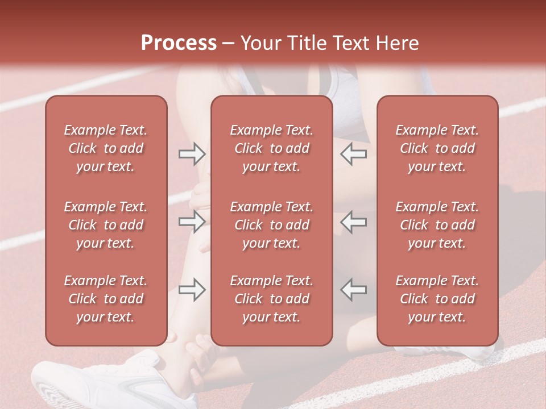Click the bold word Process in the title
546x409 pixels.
tap(179, 43)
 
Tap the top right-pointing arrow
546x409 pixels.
tap(192, 154)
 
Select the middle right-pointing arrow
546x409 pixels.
tap(192, 222)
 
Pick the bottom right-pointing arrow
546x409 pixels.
tap(192, 290)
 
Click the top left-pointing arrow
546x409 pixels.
tap(353, 154)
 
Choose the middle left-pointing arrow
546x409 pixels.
tap(353, 222)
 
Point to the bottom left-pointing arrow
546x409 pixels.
tap(353, 290)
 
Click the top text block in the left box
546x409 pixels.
tap(106, 148)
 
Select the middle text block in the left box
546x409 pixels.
tap(106, 225)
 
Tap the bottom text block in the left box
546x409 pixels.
tap(106, 299)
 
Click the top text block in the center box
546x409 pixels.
tap(271, 148)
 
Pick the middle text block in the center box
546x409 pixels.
tap(271, 225)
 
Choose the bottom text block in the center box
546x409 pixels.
tap(271, 299)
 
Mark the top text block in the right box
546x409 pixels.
tap(437, 148)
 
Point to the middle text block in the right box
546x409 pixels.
tap(437, 225)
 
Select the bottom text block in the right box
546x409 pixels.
tap(437, 299)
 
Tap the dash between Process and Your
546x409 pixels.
tap(228, 44)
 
